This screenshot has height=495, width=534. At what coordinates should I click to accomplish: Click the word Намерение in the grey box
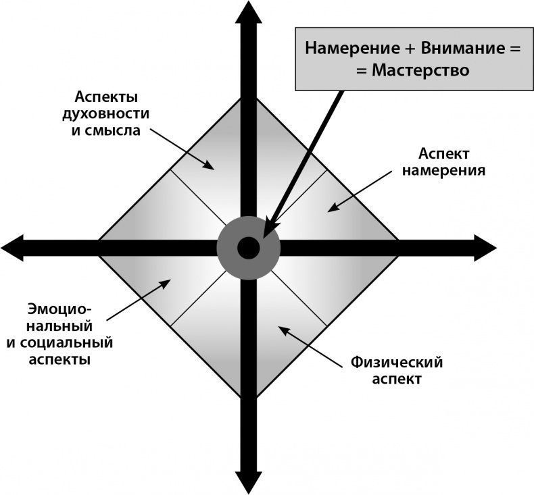tap(352, 48)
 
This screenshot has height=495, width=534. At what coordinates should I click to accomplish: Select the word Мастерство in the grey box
tap(420, 70)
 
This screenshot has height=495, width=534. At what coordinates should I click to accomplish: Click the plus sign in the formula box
tap(410, 49)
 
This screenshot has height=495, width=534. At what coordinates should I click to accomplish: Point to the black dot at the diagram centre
tap(249, 248)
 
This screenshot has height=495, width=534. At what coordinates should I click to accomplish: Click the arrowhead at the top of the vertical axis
tap(249, 12)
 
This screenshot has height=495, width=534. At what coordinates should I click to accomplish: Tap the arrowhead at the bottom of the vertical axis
tap(249, 483)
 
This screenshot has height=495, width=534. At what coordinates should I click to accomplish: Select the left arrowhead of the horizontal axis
tap(12, 248)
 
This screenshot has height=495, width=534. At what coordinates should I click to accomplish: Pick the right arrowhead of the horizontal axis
tap(485, 248)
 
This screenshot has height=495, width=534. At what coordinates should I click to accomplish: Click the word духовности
tap(106, 114)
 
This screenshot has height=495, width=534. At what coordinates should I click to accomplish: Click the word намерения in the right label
tap(443, 170)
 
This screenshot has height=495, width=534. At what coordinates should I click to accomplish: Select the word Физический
tap(397, 363)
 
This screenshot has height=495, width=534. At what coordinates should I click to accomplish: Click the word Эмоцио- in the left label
tap(60, 309)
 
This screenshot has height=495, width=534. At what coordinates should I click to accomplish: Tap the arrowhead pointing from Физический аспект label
tap(284, 330)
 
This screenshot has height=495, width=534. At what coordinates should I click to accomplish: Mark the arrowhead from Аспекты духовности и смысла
tap(209, 165)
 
